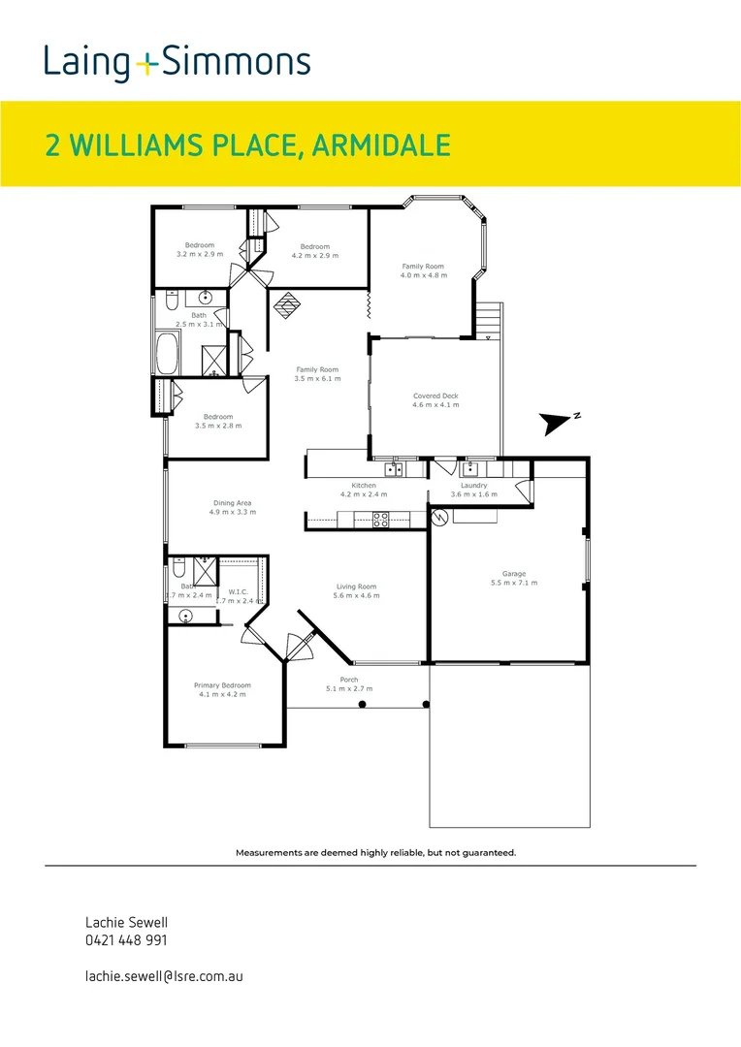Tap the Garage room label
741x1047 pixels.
pos(513,574)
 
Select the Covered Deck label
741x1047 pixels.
pos(435,396)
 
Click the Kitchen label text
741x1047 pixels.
pos(364,485)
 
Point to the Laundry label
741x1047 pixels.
pos(473,485)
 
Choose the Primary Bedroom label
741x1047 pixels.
pos(222,685)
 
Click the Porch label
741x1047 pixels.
pos(348,680)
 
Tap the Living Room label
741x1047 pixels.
pos(356,587)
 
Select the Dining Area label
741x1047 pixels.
pos(232,503)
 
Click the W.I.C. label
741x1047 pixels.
pos(239,591)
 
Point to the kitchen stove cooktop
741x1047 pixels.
pos(380,520)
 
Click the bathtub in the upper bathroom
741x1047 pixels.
pos(166,354)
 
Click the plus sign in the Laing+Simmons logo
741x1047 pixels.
pos(146,64)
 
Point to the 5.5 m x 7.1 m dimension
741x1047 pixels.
pos(513,583)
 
